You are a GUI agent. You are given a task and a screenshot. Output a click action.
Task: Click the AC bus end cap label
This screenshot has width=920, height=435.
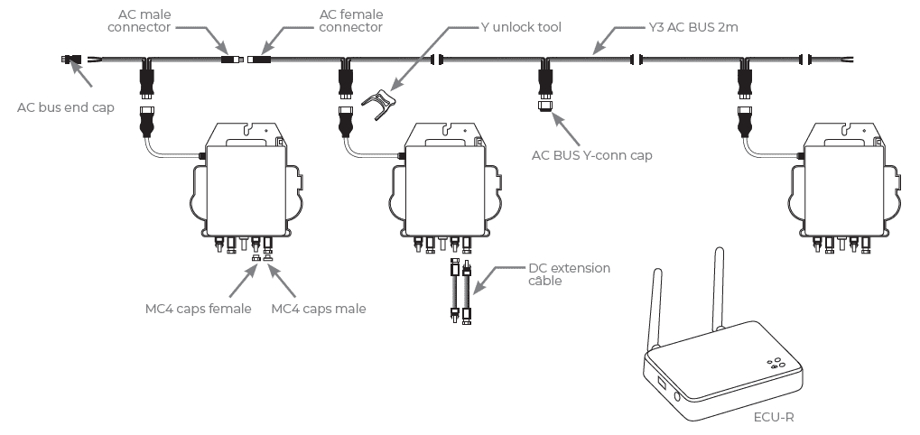(66, 107)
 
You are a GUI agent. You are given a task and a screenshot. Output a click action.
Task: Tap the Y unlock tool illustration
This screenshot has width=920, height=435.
(378, 104)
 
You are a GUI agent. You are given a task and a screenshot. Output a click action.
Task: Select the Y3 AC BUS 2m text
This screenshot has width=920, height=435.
(692, 27)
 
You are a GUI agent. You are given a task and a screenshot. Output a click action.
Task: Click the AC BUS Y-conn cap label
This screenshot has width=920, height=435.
(591, 155)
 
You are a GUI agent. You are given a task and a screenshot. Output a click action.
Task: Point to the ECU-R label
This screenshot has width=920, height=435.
(774, 417)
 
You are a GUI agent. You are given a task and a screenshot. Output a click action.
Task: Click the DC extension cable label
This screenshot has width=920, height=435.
(569, 274)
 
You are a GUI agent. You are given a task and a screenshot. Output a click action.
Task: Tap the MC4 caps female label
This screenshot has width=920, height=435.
(199, 309)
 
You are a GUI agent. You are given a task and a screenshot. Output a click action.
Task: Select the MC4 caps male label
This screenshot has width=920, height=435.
(319, 309)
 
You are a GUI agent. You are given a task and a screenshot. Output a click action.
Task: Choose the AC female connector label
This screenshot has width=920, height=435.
(351, 21)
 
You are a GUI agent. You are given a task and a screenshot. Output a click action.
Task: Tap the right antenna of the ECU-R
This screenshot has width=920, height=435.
(718, 289)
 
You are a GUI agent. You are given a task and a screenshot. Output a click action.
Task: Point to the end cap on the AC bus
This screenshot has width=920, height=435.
(70, 59)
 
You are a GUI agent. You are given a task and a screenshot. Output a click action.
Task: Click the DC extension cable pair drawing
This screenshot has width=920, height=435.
(460, 292)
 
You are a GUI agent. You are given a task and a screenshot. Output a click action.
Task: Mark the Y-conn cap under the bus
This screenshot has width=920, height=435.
(544, 106)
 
